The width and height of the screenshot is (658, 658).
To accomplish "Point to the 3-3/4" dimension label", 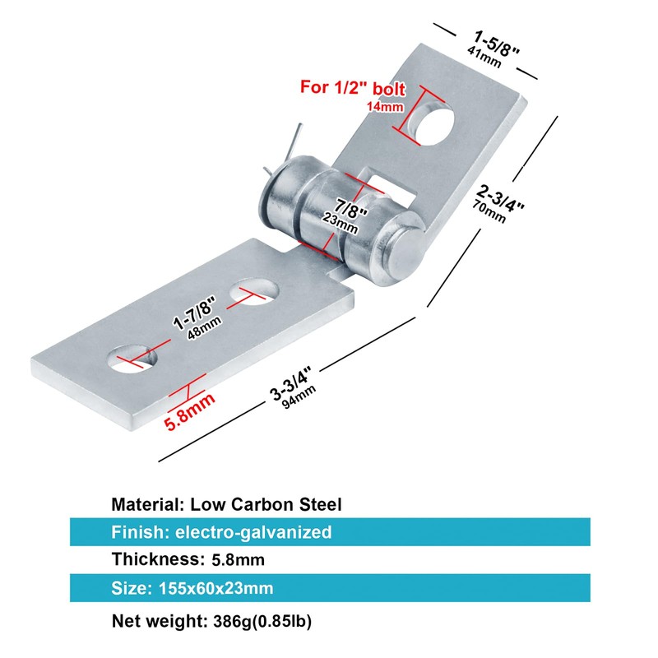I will click(293, 383).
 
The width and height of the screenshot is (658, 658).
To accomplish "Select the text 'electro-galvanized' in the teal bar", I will click(253, 532).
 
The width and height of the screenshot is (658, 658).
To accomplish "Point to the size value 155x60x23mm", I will click(211, 588).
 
